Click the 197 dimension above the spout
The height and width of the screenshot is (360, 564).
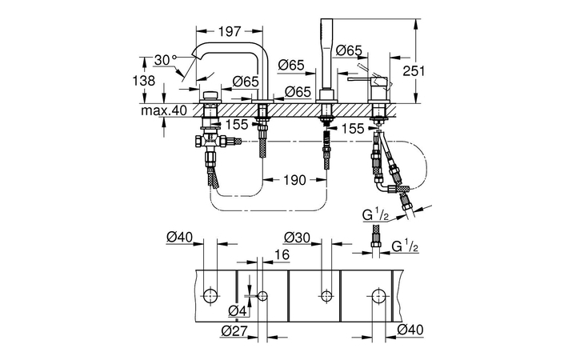click(x=230, y=31)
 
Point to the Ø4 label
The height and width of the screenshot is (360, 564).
click(x=237, y=310)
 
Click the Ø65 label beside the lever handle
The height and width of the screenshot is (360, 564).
click(x=350, y=50)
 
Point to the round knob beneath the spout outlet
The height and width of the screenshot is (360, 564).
click(x=211, y=97)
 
